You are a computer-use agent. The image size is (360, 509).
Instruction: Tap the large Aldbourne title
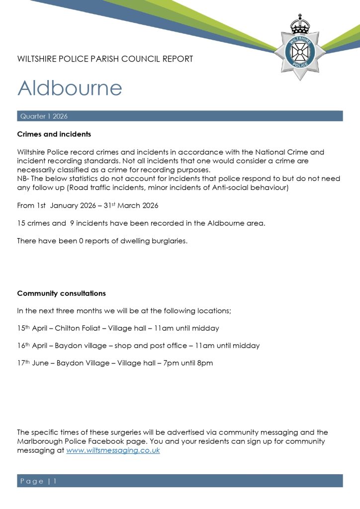tap(70, 88)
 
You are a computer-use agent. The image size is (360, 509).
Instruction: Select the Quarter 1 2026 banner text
tap(44, 116)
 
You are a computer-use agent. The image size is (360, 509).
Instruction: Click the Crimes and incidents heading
tap(54, 134)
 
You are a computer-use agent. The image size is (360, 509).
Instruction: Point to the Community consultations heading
tap(61, 293)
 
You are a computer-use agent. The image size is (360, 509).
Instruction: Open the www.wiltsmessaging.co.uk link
tap(113, 450)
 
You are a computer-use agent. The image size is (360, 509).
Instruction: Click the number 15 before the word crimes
tap(21, 223)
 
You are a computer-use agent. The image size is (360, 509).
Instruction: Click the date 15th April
tap(33, 328)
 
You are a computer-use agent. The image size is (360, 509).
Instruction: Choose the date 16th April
tap(33, 345)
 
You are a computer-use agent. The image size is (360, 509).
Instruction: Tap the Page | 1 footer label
tap(39, 481)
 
